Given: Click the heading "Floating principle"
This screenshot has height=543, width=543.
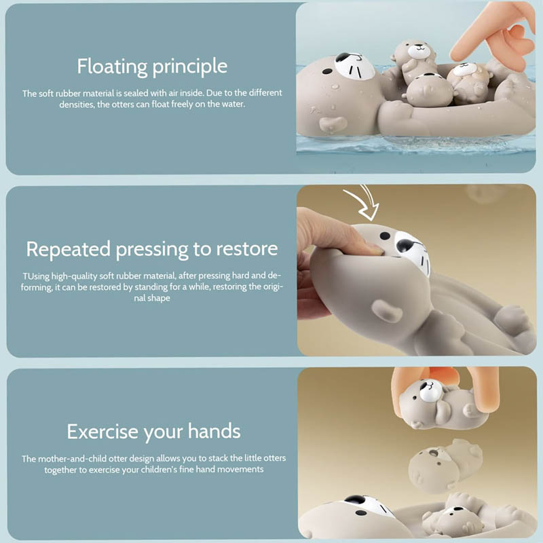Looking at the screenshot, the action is (152, 67).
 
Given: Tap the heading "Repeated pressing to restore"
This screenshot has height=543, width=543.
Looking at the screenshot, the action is (152, 249).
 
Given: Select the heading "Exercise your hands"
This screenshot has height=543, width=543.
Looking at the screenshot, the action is (154, 432).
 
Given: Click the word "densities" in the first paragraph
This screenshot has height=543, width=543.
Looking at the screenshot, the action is (77, 105).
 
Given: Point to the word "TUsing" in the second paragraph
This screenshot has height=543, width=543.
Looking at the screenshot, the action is (37, 276).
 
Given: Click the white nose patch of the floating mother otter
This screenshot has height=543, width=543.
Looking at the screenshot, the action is (354, 66).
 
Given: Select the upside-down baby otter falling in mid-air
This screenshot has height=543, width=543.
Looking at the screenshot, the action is (445, 465).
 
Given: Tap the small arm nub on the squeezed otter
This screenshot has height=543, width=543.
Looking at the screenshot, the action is (387, 311).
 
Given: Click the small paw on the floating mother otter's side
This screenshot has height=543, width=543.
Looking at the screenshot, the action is (333, 125).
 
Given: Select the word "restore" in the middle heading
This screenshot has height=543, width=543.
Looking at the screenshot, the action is (247, 249).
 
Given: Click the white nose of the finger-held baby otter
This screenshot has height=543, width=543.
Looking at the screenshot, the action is (431, 391).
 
